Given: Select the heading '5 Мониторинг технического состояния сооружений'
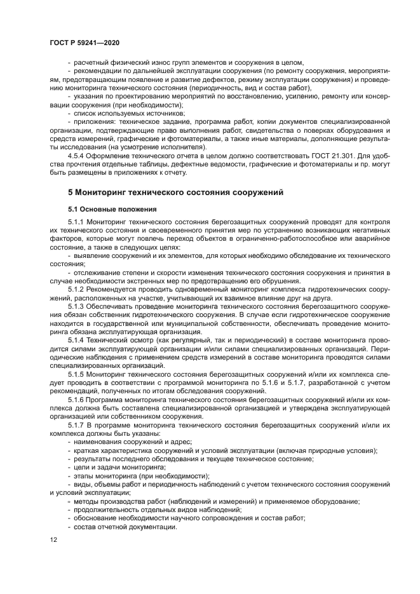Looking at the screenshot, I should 175,191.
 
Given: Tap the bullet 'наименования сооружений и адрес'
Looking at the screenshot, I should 133,441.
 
